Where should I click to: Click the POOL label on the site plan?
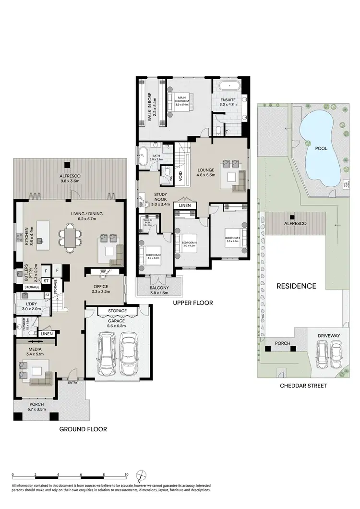pos(321,148)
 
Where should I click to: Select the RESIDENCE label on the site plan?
pos(296,286)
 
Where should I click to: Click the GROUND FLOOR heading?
pos(83,429)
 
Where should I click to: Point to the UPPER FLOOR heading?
pos(193,303)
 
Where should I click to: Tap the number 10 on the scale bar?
pos(126,474)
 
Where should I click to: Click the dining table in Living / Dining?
pos(71,239)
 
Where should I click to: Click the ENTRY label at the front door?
pos(73,382)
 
